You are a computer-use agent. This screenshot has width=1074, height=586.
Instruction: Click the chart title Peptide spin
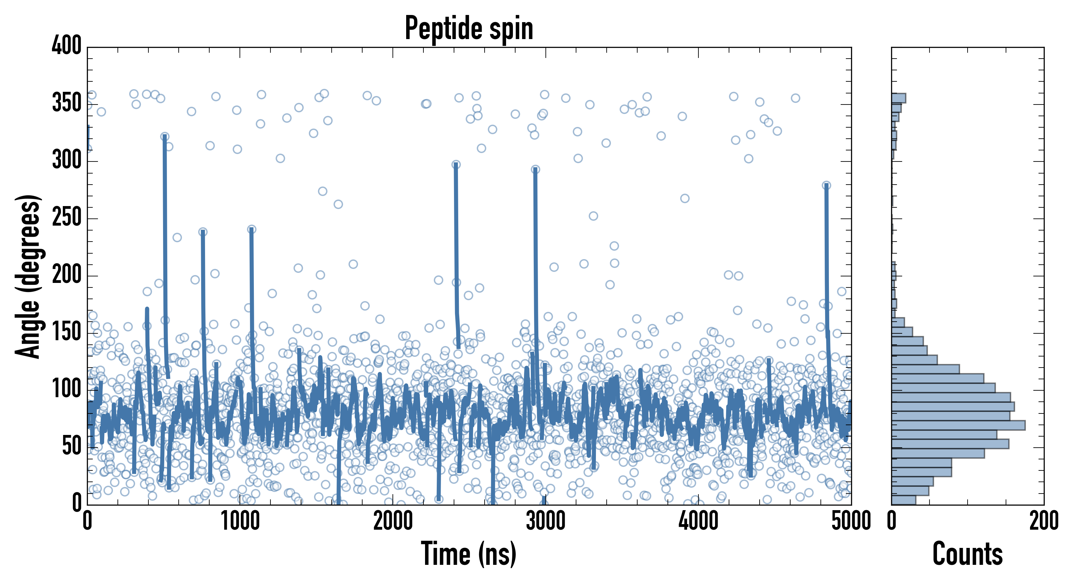(469, 28)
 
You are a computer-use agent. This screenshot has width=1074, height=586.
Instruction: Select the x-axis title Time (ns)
(469, 554)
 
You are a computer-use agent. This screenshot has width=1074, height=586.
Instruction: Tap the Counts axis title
(967, 554)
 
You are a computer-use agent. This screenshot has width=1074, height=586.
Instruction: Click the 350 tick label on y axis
(67, 103)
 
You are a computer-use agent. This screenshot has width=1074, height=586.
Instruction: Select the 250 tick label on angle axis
(67, 218)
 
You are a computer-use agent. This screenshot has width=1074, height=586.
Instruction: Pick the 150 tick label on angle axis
(67, 332)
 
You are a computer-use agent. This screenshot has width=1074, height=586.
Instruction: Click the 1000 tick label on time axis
(240, 521)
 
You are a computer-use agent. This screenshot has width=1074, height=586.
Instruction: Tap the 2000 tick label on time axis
(393, 521)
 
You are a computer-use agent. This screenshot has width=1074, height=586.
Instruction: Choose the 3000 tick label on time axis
(545, 521)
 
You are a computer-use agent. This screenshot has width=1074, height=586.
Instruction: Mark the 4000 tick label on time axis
(698, 521)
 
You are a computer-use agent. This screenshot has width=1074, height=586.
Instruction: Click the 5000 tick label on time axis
(850, 521)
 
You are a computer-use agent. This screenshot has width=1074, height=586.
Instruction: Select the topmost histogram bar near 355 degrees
(899, 98)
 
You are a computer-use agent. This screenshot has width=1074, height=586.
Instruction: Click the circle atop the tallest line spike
(165, 137)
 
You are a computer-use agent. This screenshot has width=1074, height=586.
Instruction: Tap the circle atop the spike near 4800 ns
(826, 185)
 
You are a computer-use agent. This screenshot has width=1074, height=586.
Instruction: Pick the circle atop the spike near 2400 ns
(456, 165)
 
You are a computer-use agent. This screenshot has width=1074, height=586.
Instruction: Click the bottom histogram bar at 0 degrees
(903, 500)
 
